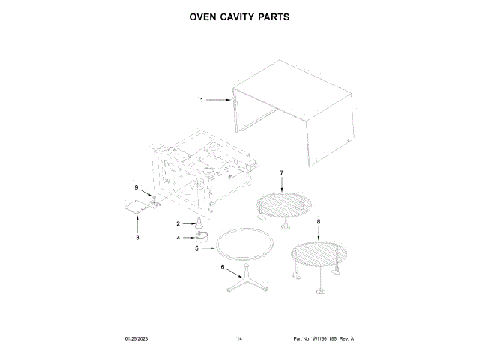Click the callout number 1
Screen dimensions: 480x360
click(x=201, y=100)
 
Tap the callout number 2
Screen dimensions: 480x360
click(x=178, y=223)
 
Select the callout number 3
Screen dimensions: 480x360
click(x=137, y=237)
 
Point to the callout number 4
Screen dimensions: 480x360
click(x=178, y=237)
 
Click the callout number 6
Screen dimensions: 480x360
click(x=221, y=267)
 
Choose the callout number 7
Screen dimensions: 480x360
click(x=281, y=174)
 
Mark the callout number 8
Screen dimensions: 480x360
click(x=318, y=222)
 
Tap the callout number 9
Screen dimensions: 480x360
click(x=136, y=187)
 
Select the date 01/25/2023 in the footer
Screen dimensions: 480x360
click(x=136, y=339)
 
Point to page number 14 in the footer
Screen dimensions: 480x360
click(x=239, y=339)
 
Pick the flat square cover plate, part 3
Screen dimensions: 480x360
click(x=134, y=209)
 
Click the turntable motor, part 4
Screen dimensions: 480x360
click(x=200, y=235)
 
